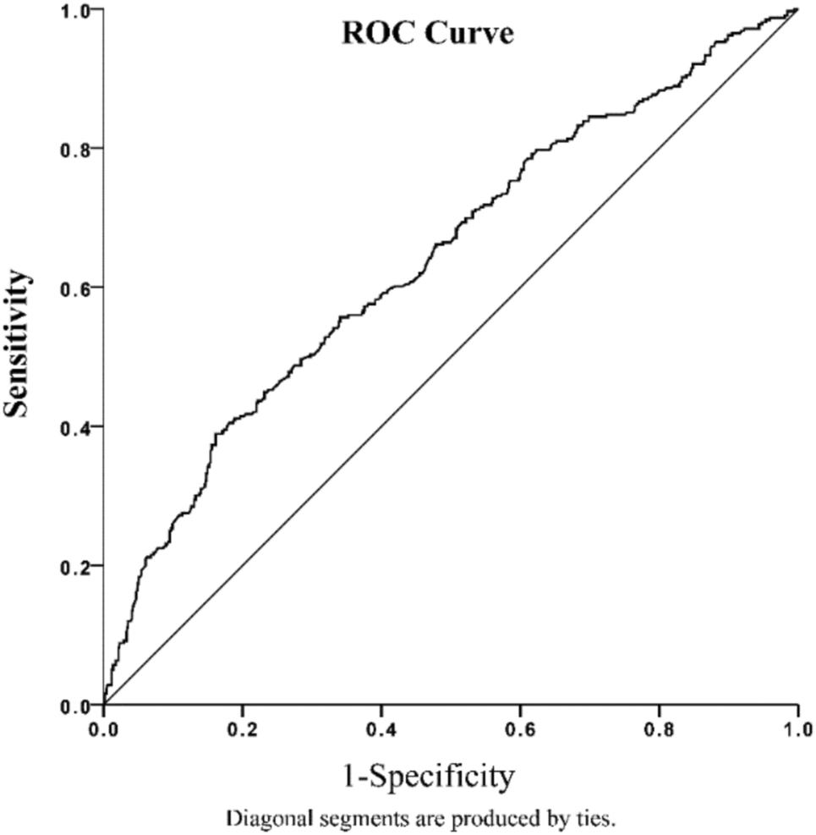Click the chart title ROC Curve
pos(427,35)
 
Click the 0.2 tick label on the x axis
pos(242,726)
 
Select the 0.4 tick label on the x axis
pos(381,726)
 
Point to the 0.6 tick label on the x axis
pos(520,726)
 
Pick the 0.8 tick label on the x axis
pos(660,726)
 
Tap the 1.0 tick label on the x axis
pos(798,726)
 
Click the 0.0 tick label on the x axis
pos(103,726)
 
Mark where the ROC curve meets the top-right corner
pos(797,9)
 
